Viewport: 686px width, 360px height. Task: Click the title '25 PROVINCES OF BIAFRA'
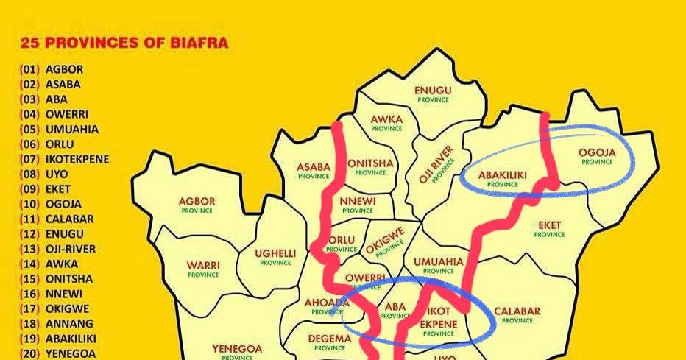[124, 43]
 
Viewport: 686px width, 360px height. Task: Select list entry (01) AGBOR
[52, 69]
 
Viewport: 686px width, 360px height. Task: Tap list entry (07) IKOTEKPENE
[60, 159]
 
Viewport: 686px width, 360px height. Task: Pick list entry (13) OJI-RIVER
[58, 249]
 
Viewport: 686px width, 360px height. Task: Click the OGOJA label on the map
[597, 156]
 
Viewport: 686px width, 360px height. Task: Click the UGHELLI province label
[275, 257]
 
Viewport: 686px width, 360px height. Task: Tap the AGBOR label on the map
[197, 205]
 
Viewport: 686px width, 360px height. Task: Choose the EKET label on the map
[550, 228]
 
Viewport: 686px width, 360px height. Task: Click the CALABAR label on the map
[517, 314]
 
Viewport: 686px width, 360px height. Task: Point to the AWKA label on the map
[386, 121]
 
